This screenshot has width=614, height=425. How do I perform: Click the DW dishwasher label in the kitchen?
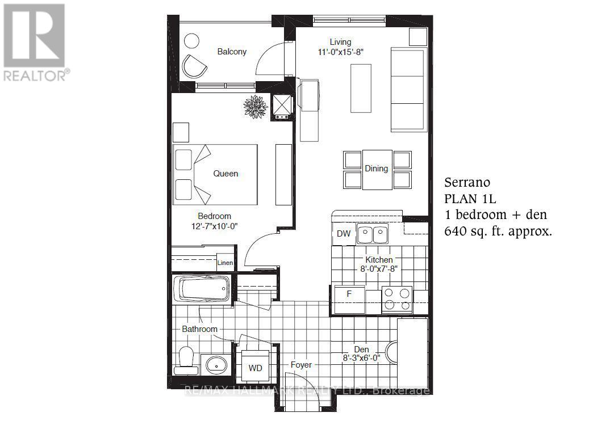pyautogui.click(x=344, y=233)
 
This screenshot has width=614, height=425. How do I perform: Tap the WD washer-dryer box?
pyautogui.click(x=256, y=368)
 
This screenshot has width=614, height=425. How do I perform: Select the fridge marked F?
pyautogui.click(x=349, y=294)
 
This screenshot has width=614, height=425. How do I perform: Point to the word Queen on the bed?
pyautogui.click(x=225, y=174)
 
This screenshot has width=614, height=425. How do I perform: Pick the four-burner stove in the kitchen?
pyautogui.click(x=396, y=299)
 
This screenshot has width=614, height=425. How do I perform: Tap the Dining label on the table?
pyautogui.click(x=377, y=169)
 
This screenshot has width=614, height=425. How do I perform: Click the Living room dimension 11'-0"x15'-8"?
pyautogui.click(x=341, y=52)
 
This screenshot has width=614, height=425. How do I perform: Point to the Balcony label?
pyautogui.click(x=232, y=52)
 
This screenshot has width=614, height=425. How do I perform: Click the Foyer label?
pyautogui.click(x=301, y=365)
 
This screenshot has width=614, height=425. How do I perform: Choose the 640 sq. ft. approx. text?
pyautogui.click(x=498, y=232)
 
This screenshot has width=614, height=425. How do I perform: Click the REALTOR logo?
pyautogui.click(x=35, y=42)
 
